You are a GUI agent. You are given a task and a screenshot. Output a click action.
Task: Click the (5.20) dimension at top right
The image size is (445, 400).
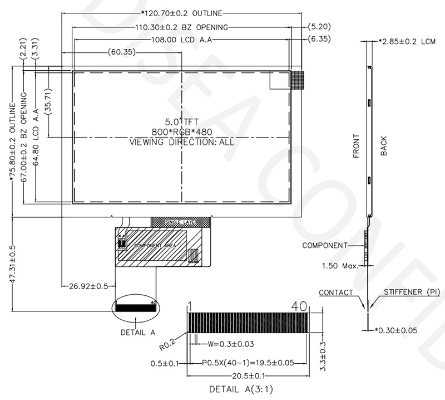[x=320, y=27]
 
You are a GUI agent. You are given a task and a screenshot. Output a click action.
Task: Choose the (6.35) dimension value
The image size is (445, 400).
[x=320, y=40]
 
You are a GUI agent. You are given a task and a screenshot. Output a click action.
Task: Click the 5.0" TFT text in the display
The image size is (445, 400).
[x=181, y=121]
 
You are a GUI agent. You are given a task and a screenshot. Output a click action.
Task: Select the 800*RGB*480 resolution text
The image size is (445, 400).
[x=181, y=131]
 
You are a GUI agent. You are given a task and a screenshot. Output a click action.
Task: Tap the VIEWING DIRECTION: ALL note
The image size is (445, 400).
[x=181, y=142]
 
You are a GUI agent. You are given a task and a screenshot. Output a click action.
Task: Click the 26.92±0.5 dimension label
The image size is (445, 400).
[x=88, y=286]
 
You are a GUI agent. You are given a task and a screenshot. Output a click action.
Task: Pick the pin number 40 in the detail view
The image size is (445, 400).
[x=300, y=306]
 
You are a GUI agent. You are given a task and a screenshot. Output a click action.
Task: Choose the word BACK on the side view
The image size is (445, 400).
[x=384, y=146]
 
